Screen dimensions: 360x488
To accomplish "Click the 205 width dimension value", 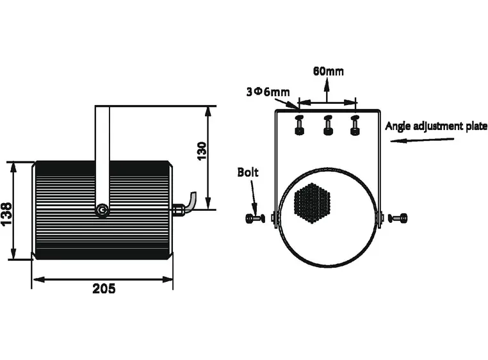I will click(x=104, y=289).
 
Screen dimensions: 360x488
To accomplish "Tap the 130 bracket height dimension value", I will click(x=201, y=152).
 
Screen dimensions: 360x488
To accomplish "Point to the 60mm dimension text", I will click(x=328, y=71).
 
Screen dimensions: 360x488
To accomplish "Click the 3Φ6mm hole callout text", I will click(x=267, y=92).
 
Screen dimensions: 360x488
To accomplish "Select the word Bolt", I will click(x=248, y=172).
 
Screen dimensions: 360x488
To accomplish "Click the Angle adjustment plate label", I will click(x=435, y=126).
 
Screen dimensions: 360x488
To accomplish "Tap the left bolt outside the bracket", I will click(x=255, y=218).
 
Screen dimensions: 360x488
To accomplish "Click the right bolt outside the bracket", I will click(x=399, y=218).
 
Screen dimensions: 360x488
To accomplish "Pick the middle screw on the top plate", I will click(x=328, y=125).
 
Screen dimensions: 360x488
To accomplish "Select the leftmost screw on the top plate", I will click(x=299, y=125).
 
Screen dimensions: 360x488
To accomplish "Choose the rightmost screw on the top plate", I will click(x=355, y=125).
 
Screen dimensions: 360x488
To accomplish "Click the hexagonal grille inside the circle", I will click(x=312, y=202).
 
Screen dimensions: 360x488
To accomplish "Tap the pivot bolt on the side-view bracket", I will click(x=102, y=209).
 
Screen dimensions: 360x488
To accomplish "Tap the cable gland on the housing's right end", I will click(x=177, y=208).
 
